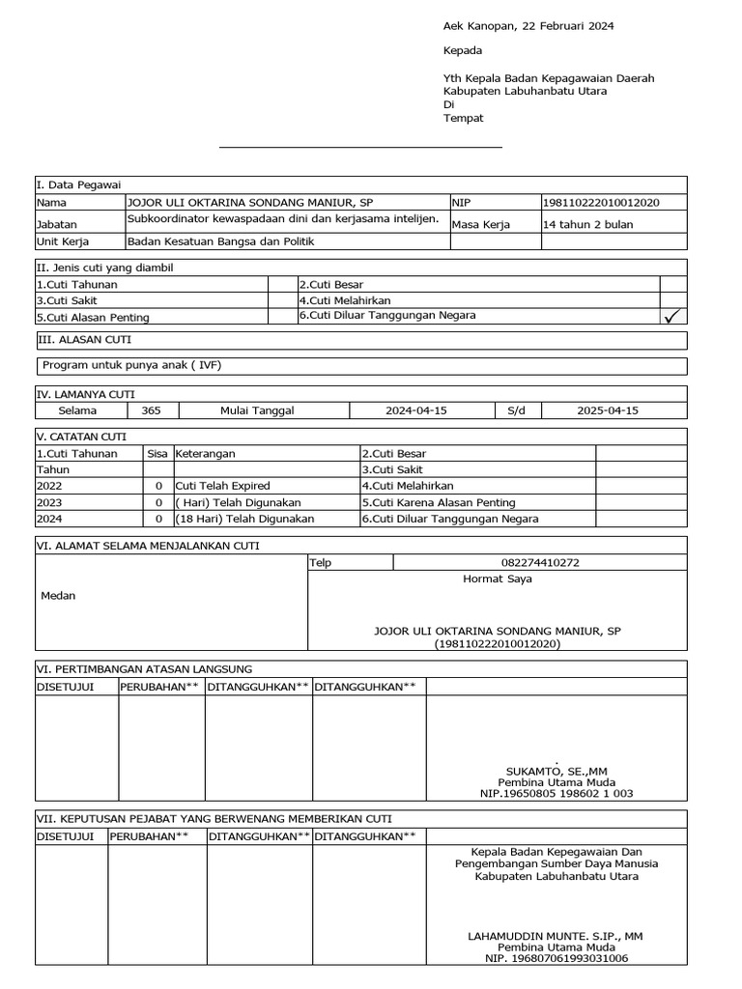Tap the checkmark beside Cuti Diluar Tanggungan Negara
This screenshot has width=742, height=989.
click(x=673, y=316)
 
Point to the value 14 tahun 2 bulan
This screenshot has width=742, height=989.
click(x=588, y=224)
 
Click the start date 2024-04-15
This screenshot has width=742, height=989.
click(x=415, y=410)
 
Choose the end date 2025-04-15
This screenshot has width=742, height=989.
click(x=608, y=410)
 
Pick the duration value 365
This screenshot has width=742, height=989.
click(x=152, y=410)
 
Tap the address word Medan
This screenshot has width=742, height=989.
click(x=58, y=596)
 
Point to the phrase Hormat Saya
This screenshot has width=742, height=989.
click(x=498, y=579)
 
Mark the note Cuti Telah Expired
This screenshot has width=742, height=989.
click(x=222, y=486)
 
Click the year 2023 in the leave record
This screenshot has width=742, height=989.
click(x=49, y=502)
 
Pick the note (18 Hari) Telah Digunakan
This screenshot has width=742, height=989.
click(x=244, y=519)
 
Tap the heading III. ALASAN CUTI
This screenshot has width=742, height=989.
click(x=84, y=340)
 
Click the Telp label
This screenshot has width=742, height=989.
click(x=320, y=562)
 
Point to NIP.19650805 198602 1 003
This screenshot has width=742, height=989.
click(x=556, y=793)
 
